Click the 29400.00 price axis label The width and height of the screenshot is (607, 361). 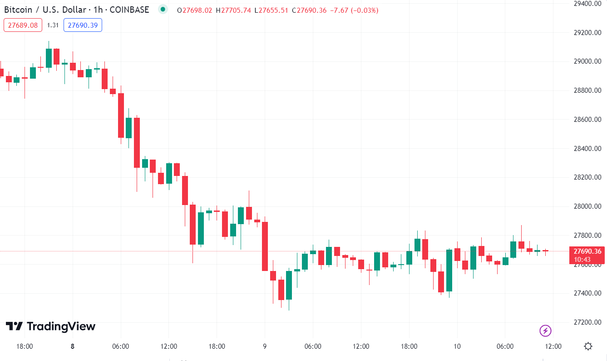(587, 4)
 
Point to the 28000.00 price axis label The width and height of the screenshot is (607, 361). (587, 206)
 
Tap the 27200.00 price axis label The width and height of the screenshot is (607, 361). (587, 322)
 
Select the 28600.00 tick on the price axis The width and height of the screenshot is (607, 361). (587, 120)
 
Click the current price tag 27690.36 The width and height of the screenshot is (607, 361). (587, 251)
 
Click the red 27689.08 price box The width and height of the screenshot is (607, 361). (23, 25)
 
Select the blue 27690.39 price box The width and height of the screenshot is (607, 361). (83, 25)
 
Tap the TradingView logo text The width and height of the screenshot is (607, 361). (50, 326)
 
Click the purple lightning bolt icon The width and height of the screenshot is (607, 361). (545, 331)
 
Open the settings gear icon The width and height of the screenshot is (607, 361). (588, 346)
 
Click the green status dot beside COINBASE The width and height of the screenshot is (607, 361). (163, 9)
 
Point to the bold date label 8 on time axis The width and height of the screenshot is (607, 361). (73, 346)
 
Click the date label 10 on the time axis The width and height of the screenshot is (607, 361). (457, 346)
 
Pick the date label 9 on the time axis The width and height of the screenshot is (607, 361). (265, 346)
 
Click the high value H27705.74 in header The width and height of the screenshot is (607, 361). (233, 10)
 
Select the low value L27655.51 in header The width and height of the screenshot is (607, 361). (271, 10)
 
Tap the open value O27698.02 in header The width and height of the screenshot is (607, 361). (195, 10)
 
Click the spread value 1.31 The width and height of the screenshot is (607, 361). (53, 25)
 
